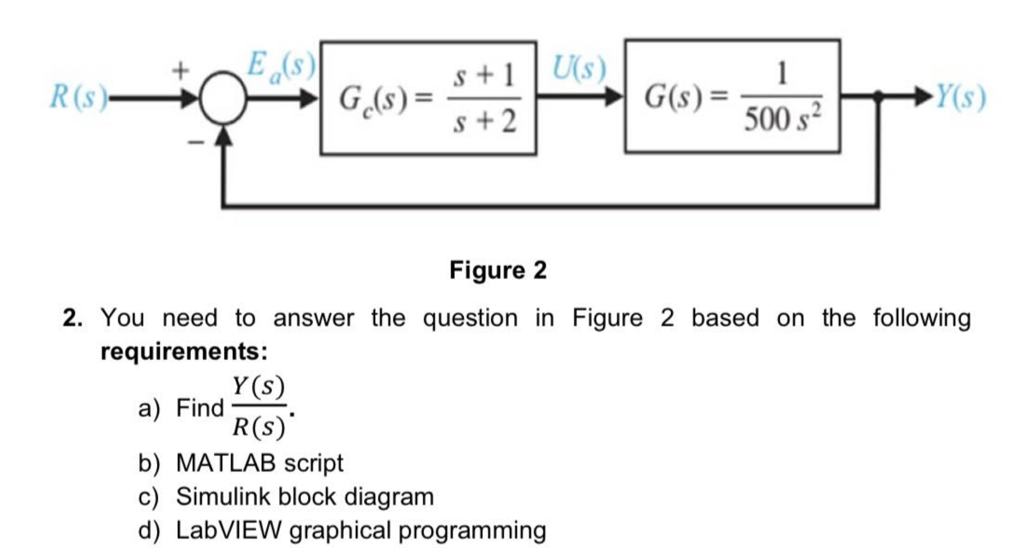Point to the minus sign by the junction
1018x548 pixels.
pyautogui.click(x=196, y=142)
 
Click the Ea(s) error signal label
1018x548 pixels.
pyautogui.click(x=280, y=66)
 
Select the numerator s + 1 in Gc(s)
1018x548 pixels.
pyautogui.click(x=483, y=75)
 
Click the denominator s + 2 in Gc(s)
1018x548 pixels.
pyautogui.click(x=484, y=121)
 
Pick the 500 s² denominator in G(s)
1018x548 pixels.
pyautogui.click(x=782, y=119)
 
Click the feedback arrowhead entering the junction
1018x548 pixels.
pyautogui.click(x=224, y=136)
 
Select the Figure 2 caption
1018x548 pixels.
pyautogui.click(x=498, y=270)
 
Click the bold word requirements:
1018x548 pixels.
pyautogui.click(x=184, y=351)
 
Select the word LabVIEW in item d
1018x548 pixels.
pyautogui.click(x=228, y=530)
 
